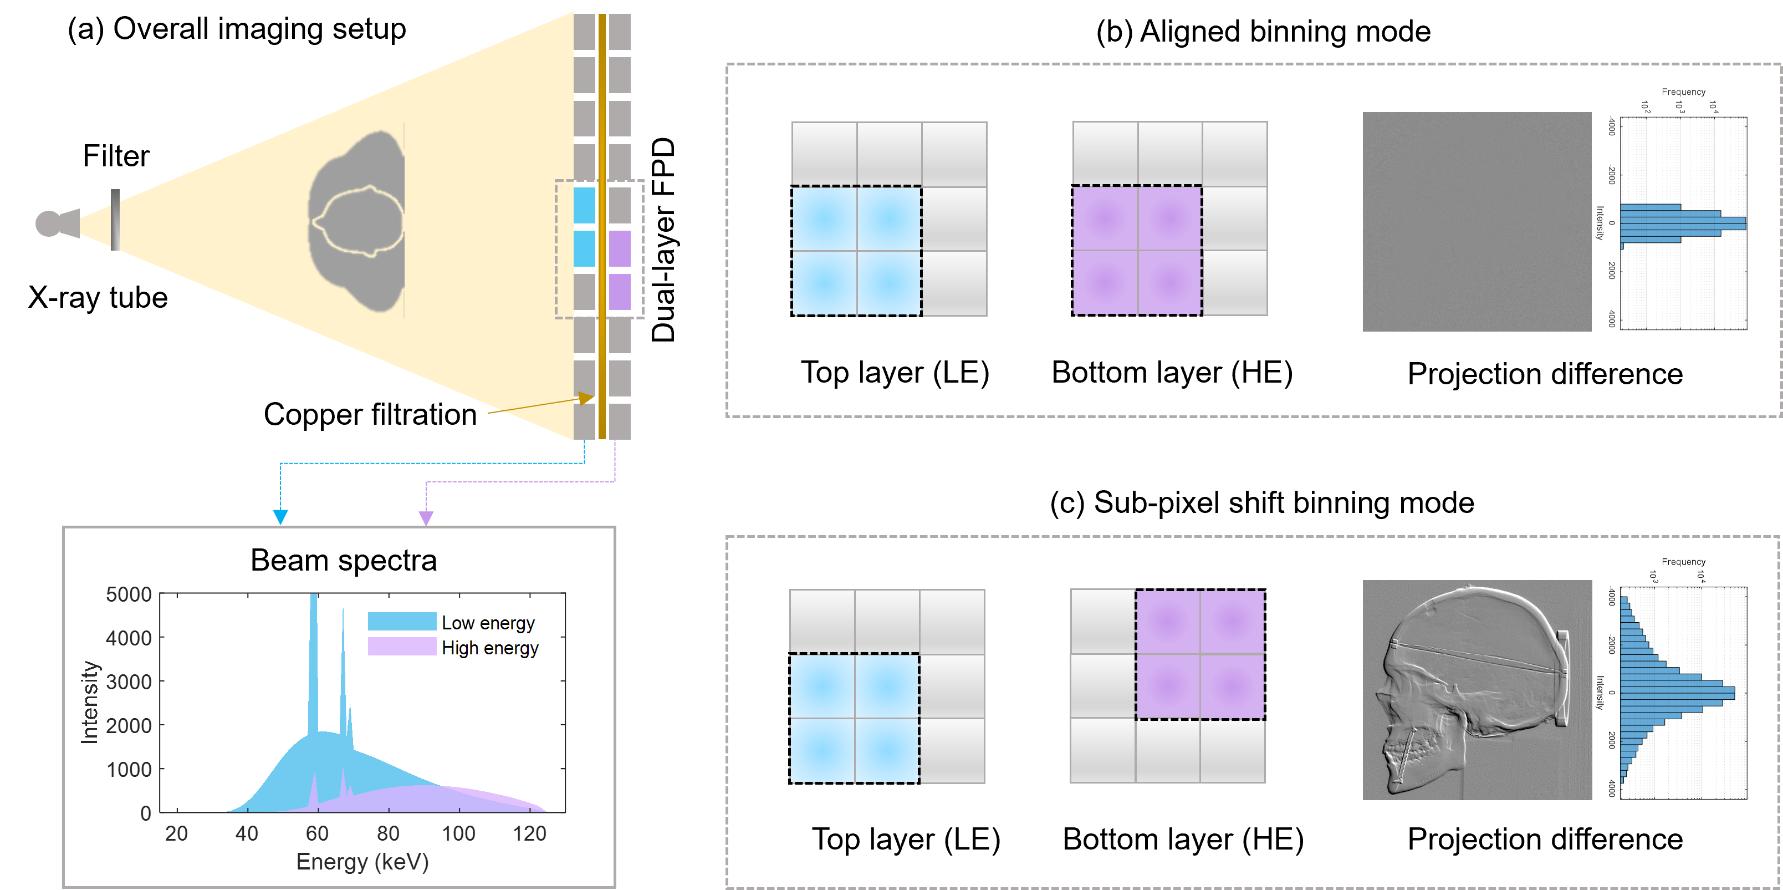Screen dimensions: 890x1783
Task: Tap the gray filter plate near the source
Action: (115, 220)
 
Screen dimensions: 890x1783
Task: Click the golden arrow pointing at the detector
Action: (540, 405)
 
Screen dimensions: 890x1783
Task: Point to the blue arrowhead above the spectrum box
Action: (280, 517)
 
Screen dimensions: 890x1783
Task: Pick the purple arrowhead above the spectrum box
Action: (426, 517)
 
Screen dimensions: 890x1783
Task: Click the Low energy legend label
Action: (488, 623)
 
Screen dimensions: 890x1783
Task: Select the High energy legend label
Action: (490, 648)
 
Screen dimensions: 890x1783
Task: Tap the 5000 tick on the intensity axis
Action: (129, 594)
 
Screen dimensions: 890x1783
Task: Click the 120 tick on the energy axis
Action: (529, 833)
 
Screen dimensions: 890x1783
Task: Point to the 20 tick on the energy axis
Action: (176, 833)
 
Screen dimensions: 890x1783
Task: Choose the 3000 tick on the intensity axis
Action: (129, 682)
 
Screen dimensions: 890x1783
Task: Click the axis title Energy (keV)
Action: (362, 862)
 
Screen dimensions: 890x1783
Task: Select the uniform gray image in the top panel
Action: (1477, 222)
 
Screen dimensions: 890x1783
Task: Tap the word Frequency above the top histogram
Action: (1683, 91)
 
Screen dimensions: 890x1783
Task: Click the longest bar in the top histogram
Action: (1683, 223)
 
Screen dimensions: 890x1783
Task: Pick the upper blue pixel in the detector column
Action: (584, 205)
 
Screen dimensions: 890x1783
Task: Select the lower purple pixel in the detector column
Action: (620, 292)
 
